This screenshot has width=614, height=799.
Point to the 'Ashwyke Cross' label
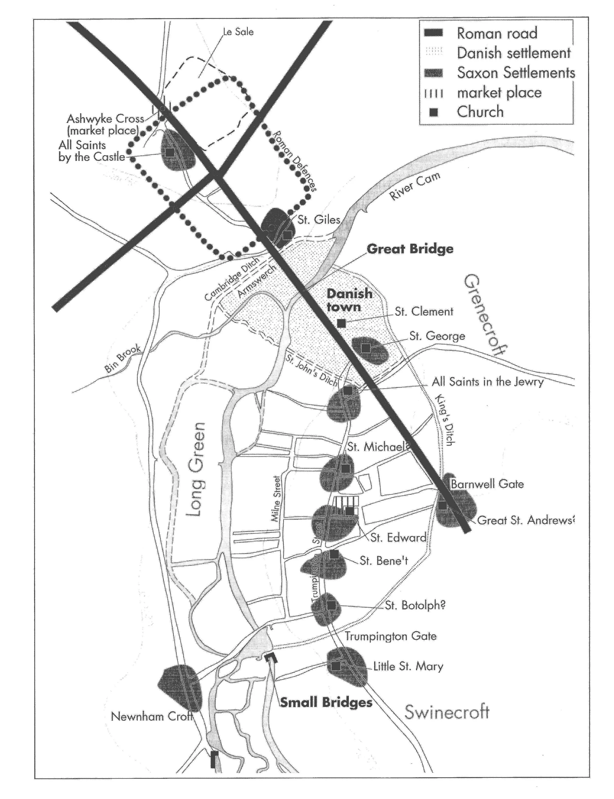coord(105,119)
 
